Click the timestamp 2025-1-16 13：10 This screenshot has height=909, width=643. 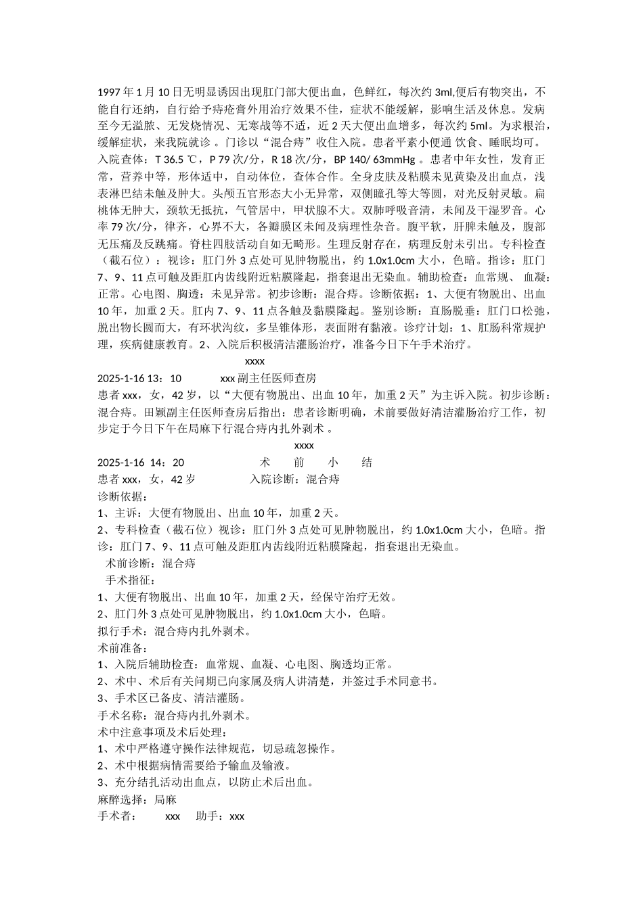[x=139, y=378]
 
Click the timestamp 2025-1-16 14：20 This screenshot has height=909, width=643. [x=141, y=463]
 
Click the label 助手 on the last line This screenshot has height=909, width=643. [x=208, y=816]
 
